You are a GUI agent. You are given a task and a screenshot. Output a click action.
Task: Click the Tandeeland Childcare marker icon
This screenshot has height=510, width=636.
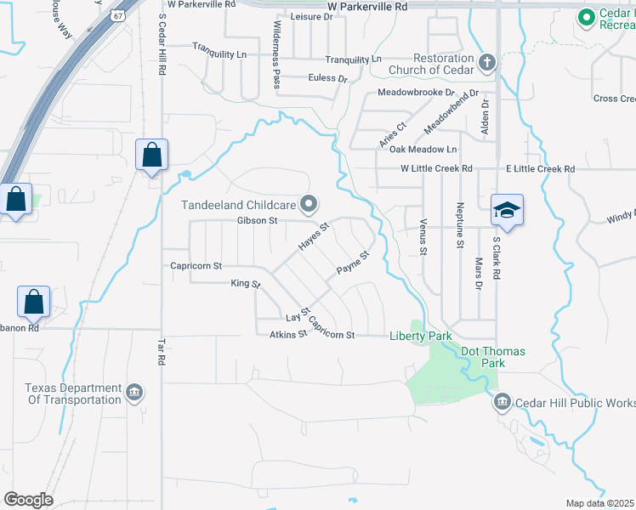coord(309,204)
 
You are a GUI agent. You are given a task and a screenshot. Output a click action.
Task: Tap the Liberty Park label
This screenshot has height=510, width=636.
coord(421,336)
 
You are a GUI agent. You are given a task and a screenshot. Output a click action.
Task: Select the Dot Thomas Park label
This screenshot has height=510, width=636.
coord(493,357)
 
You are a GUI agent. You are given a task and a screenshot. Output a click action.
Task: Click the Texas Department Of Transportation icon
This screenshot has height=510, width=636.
coord(133,393)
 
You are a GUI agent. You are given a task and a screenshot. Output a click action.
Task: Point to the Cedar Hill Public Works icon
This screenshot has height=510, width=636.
coord(502,401)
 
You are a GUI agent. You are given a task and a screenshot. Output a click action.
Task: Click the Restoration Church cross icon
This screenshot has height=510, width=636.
coord(486,62)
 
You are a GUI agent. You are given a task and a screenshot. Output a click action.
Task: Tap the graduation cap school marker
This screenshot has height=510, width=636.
coord(507,210)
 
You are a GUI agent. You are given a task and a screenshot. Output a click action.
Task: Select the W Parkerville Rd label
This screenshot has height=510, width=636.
coord(367,5)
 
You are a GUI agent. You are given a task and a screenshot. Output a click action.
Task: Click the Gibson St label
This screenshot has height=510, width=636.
coord(258,221)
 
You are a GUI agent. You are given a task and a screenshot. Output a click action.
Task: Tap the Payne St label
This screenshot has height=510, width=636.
coord(354,263)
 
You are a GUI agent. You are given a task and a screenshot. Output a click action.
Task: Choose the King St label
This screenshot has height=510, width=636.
coord(245,284)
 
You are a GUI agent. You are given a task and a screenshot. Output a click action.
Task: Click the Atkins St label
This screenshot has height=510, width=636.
coord(287,335)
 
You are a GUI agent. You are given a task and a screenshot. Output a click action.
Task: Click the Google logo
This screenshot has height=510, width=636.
coord(28,499)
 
